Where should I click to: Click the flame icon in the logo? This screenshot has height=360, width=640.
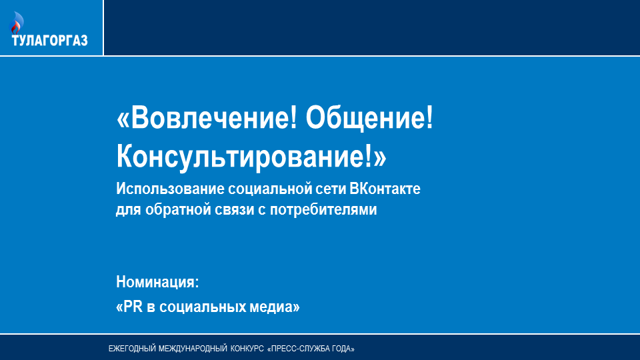coord(16,23)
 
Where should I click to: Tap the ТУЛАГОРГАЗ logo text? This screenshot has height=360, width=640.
coord(50,41)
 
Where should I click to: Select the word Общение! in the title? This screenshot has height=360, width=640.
coord(369,118)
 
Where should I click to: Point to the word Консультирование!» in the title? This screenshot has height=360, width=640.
coord(251,156)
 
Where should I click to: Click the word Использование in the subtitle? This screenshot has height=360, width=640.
coord(170,189)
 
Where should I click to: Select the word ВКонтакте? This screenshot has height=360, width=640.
coord(385,189)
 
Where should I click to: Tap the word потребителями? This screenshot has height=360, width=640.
coord(323,210)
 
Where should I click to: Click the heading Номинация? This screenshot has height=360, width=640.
coord(157,282)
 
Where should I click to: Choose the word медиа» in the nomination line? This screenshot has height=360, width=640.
coord(274,307)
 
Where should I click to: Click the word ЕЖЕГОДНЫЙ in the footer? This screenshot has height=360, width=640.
coord(132,349)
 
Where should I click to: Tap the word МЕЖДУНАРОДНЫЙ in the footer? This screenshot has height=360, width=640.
coord(193,349)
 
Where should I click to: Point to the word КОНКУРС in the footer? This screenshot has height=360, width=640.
coord(247,349)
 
